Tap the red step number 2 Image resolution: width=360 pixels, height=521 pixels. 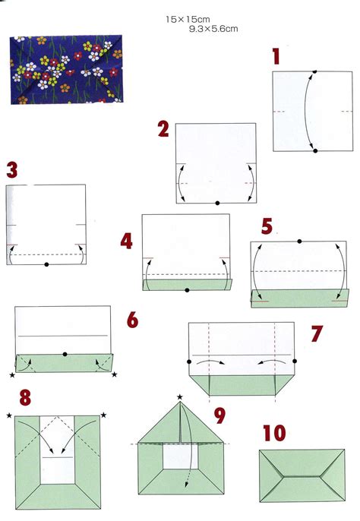click(x=163, y=128)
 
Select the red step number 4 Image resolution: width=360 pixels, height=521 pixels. click(x=127, y=242)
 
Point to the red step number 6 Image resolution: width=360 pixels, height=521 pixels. click(x=132, y=320)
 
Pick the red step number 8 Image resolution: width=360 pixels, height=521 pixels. click(x=25, y=399)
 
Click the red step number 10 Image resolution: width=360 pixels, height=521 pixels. click(x=274, y=434)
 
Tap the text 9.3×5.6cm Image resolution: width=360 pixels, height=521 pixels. click(x=213, y=28)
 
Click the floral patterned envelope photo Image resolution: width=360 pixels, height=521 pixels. click(x=66, y=69)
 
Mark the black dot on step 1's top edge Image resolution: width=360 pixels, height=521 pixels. click(x=314, y=71)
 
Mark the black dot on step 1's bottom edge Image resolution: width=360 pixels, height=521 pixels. click(x=314, y=151)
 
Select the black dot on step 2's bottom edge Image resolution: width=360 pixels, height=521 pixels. click(x=217, y=203)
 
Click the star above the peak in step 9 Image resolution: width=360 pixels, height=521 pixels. click(x=180, y=397)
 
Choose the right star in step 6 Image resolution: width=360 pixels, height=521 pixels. click(x=115, y=374)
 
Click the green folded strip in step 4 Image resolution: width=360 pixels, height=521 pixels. click(x=187, y=284)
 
